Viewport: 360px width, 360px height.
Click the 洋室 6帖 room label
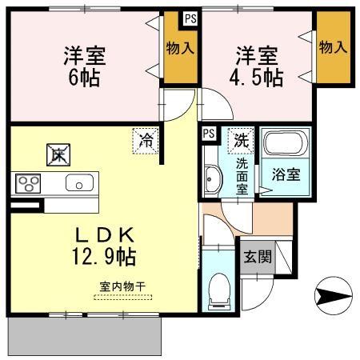tap(86, 67)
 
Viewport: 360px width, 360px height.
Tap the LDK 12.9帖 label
tap(105, 246)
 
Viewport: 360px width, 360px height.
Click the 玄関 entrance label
tap(256, 258)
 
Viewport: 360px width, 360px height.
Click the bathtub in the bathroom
tap(283, 146)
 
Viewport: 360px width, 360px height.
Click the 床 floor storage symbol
tap(58, 154)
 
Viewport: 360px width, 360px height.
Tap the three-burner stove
tap(28, 183)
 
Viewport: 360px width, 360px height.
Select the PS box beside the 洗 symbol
tap(209, 134)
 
